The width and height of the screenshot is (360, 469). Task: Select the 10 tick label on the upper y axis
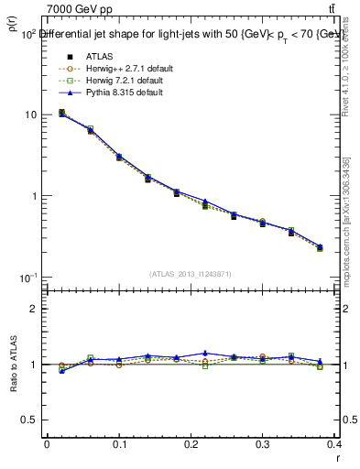31,115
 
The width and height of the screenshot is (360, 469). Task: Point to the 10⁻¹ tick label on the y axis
28,278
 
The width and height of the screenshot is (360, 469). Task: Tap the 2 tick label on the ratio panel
35,310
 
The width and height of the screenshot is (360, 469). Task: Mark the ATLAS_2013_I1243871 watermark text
191,274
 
